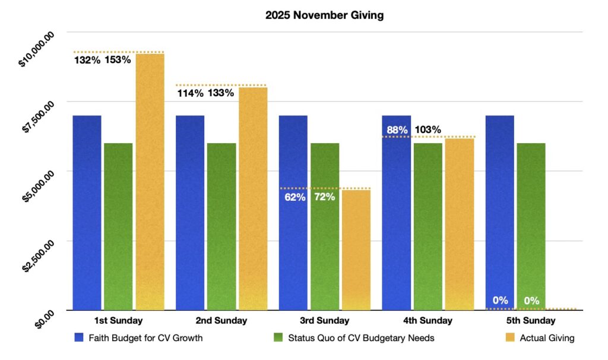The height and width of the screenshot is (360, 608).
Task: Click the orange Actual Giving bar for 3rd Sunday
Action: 356,250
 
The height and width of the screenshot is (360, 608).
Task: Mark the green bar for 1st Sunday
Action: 118,226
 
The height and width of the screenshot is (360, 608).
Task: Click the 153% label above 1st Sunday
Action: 118,60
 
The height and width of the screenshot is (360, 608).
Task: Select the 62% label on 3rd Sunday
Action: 294,197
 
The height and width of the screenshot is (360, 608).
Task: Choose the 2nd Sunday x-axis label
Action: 221,321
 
